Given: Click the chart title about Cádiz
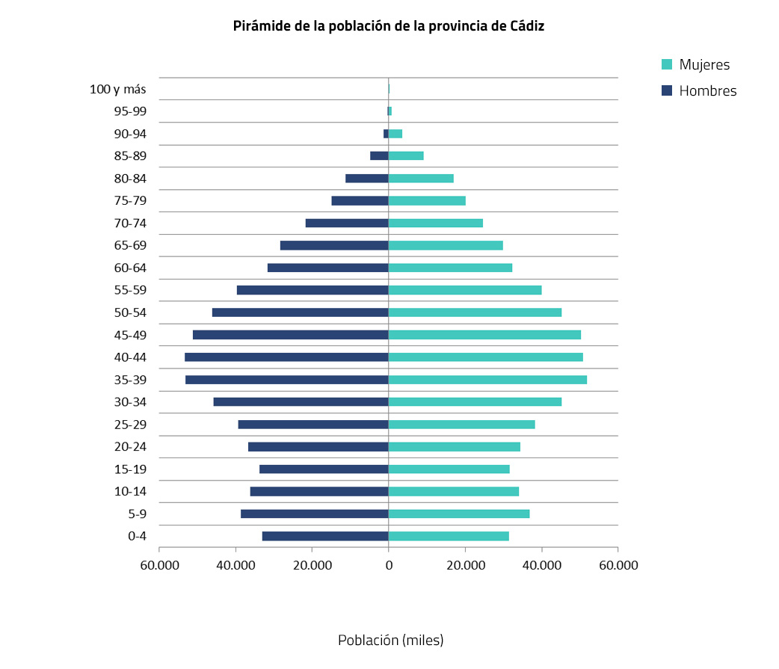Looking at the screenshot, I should [389, 26].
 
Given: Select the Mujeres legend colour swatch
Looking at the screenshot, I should [668, 65].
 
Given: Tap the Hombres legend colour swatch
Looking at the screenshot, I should [668, 91].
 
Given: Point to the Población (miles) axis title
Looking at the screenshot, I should [390, 641].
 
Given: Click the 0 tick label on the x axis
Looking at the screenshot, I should [389, 565].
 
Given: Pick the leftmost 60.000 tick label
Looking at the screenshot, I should [159, 565].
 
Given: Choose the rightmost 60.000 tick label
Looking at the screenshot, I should [618, 565].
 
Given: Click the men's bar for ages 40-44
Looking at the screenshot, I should [286, 357].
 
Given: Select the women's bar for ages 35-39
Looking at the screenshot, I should [487, 380].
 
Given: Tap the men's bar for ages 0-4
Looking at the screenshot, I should [325, 536].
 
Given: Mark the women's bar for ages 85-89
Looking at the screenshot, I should [406, 156].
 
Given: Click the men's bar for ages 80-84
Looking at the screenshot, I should [367, 179].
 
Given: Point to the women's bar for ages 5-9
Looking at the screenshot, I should [459, 514].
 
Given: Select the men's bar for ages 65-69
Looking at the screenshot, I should [334, 245].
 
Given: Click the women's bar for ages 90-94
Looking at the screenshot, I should [395, 134].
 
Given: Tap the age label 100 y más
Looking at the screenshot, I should [117, 89].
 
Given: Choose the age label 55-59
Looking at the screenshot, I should [130, 290].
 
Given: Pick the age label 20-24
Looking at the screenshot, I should [130, 447].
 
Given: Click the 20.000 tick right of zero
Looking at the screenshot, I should [465, 565].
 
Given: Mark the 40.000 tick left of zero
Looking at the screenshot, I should [236, 565].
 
